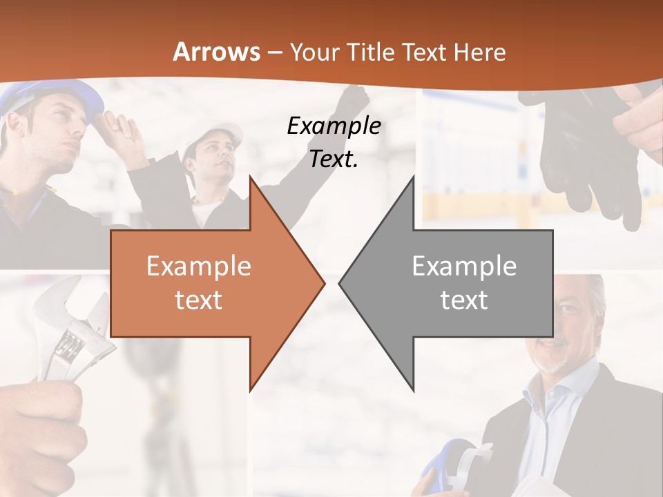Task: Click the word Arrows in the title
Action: (x=216, y=52)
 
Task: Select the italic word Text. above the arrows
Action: (x=334, y=159)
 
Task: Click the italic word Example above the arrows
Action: (x=334, y=126)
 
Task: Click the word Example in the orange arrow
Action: (x=198, y=266)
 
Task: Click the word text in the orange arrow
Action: (x=198, y=300)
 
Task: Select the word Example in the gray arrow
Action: (x=464, y=266)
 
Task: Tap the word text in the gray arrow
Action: (x=464, y=300)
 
